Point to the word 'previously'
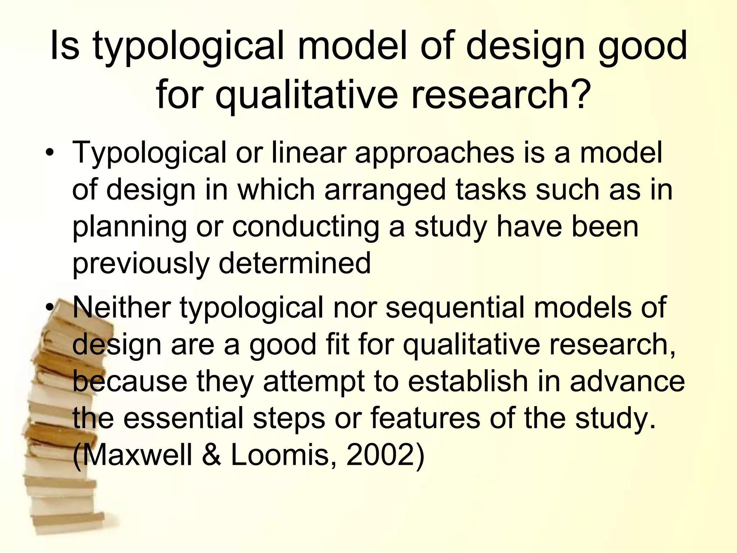coord(141,264)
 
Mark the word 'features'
coord(425,418)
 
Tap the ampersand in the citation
coord(211,455)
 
